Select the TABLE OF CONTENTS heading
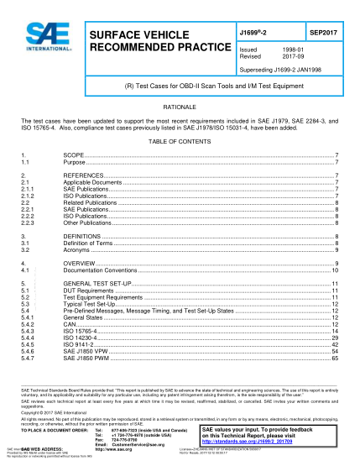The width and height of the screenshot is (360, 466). [x=180, y=141]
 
